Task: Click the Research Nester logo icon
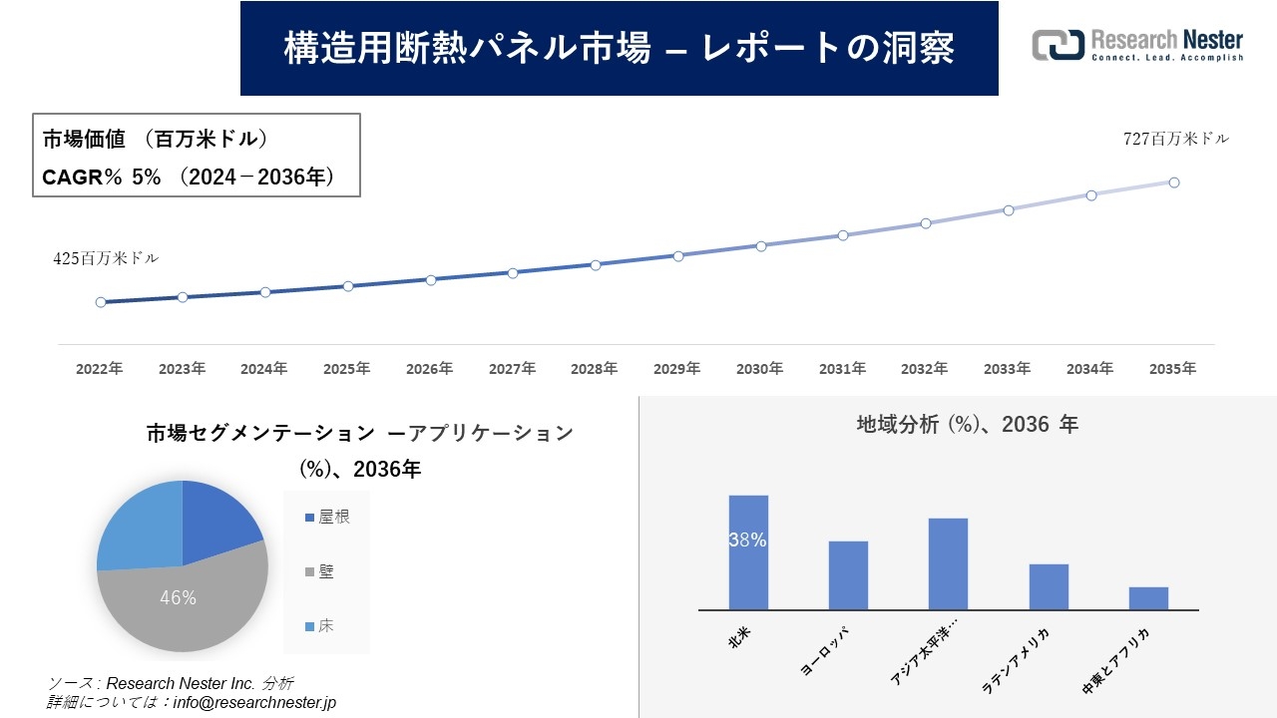[x=1058, y=45]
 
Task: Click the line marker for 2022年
[x=101, y=302]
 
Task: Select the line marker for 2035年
[x=1174, y=182]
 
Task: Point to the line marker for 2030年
[x=761, y=245]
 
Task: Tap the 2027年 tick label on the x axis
[x=512, y=369]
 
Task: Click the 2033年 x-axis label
[x=1008, y=369]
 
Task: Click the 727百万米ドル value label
[x=1176, y=140]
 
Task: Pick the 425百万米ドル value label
[x=106, y=258]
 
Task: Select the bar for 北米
[x=748, y=552]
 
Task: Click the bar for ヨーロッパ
[x=848, y=575]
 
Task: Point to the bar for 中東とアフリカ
[x=1148, y=598]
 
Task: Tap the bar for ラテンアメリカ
[x=1049, y=587]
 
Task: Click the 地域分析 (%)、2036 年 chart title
[x=967, y=425]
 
